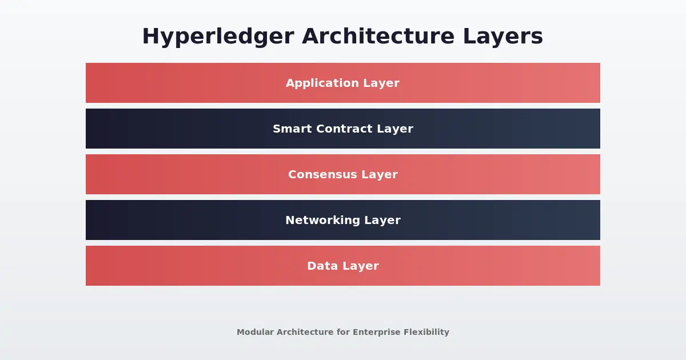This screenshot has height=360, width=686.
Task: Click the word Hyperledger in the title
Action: click(218, 37)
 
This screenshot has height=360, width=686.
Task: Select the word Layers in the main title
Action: click(503, 37)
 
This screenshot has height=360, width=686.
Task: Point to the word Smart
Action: click(290, 129)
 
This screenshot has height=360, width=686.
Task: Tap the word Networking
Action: click(324, 221)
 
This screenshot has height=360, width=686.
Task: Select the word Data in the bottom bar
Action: click(319, 266)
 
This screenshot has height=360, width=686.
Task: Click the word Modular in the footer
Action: click(255, 332)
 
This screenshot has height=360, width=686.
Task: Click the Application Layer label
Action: click(343, 83)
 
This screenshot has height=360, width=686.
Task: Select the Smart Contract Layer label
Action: click(343, 129)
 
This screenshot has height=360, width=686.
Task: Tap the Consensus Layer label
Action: click(343, 175)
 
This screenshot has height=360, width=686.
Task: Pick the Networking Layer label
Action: click(343, 221)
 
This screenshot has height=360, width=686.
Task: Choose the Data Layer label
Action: click(343, 266)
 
